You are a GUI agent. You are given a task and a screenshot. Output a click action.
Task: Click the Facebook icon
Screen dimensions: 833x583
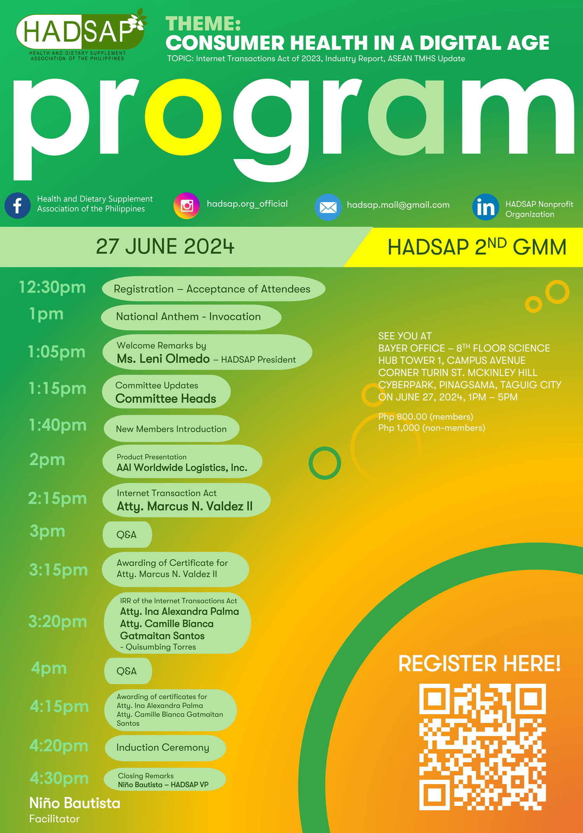pos(17,205)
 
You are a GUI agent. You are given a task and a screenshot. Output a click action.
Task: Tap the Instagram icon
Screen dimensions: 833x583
pos(187,205)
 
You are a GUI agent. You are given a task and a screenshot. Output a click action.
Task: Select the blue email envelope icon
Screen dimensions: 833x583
pos(328,207)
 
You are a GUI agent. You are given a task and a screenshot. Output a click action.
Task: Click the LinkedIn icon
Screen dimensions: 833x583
pos(485,207)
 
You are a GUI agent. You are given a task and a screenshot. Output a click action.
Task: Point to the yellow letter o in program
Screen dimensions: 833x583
pos(183,117)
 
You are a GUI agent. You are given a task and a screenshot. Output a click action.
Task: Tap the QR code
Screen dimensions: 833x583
pos(482,747)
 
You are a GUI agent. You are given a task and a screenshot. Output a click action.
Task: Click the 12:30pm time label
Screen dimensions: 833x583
pos(52,287)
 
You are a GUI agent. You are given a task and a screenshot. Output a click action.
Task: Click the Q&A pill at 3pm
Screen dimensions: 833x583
pos(127,534)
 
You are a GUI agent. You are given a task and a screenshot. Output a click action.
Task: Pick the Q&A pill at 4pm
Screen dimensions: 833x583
pos(127,671)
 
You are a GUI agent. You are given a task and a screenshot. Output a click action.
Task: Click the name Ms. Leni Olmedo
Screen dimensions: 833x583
pos(163,358)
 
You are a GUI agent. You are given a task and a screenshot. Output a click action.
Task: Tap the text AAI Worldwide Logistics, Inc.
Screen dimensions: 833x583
pos(182,468)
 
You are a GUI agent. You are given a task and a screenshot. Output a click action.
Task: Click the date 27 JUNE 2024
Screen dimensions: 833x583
pos(165,246)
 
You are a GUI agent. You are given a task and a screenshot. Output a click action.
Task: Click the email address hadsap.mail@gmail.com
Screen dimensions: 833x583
pos(398,205)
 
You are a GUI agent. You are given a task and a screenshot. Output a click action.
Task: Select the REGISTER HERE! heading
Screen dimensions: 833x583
pos(479,664)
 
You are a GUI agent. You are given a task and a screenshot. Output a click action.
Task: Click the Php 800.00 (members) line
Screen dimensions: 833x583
pos(426,417)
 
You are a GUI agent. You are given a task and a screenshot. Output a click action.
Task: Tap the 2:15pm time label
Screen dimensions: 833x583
pos(57,498)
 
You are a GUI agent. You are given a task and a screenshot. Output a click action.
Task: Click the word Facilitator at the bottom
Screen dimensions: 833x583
pos(54,819)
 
